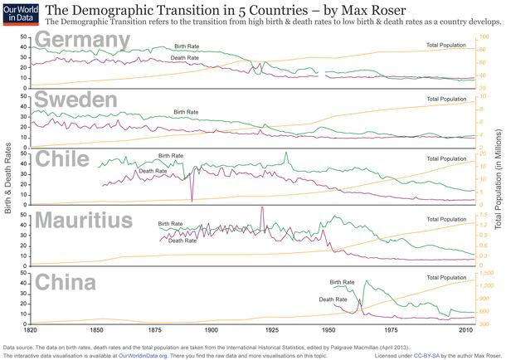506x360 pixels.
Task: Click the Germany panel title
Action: pyautogui.click(x=75, y=41)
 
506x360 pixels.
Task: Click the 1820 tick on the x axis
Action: pyautogui.click(x=30, y=329)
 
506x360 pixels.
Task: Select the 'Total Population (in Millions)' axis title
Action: pyautogui.click(x=498, y=179)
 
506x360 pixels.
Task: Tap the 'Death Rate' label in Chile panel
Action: pyautogui.click(x=153, y=171)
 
